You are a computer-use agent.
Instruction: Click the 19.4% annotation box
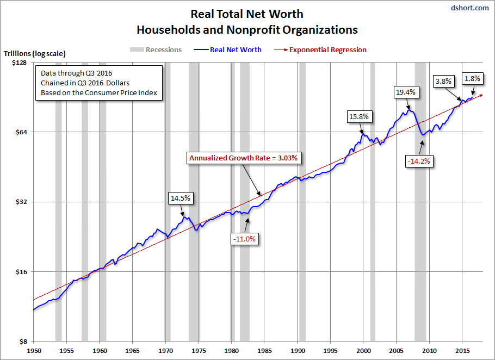point(405,92)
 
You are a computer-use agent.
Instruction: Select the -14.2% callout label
point(420,162)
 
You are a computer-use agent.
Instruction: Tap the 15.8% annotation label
point(358,116)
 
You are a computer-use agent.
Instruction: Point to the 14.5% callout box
point(181,198)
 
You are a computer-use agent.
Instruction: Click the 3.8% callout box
point(444,82)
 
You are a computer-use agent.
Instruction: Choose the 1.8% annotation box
point(472,78)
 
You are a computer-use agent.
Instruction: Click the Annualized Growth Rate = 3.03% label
point(244,158)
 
